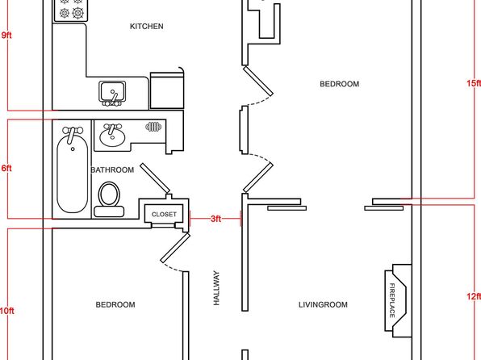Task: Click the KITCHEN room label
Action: (147, 27)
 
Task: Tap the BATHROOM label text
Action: (112, 170)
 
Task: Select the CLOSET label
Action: (164, 214)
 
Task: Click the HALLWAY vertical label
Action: (216, 288)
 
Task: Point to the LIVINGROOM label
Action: (323, 305)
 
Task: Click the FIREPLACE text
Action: (392, 300)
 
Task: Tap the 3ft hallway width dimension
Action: (215, 219)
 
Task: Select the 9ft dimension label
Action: (6, 35)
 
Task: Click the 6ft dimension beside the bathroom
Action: (6, 168)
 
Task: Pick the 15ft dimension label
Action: (474, 83)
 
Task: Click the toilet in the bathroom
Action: (109, 199)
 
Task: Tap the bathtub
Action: (73, 170)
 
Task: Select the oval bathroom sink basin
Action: (112, 137)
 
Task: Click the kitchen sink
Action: (112, 93)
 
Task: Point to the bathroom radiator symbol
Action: (153, 127)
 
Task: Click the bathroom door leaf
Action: (155, 178)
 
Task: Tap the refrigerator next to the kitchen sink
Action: (167, 90)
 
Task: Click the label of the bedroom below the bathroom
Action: (115, 305)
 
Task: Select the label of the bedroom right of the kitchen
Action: (340, 84)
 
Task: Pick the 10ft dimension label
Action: (6, 311)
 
